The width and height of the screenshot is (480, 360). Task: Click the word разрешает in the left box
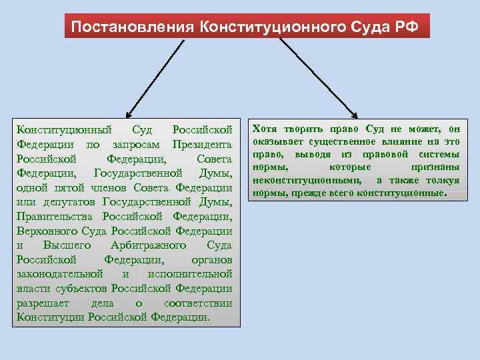tap(41, 303)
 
